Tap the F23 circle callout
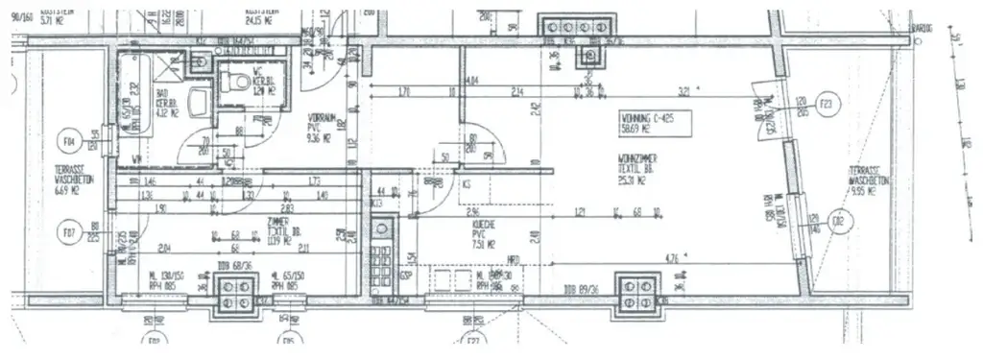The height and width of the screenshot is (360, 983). click(x=825, y=104)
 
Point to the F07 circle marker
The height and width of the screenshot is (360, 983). click(x=68, y=232)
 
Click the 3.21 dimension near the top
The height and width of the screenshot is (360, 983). click(x=684, y=93)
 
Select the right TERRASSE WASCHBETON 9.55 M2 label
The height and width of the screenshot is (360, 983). click(x=867, y=180)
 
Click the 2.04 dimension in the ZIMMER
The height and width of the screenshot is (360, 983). click(x=164, y=244)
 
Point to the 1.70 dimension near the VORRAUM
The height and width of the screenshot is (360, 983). click(x=404, y=93)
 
